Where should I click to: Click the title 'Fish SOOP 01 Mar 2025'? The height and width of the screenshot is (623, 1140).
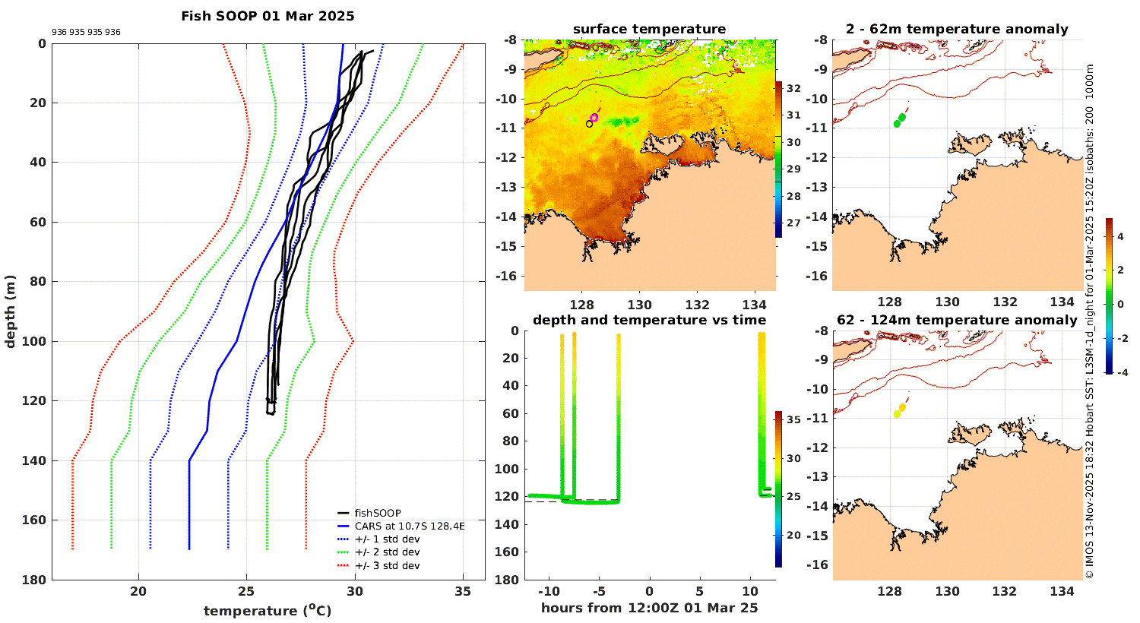click(x=268, y=16)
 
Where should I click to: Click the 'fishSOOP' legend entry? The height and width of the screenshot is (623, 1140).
click(x=377, y=513)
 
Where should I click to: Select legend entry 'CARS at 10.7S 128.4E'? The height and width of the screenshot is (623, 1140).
click(x=409, y=526)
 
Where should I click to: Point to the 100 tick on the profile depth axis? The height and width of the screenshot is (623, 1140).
click(x=36, y=342)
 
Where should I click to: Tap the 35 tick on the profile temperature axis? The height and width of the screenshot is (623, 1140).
click(x=463, y=592)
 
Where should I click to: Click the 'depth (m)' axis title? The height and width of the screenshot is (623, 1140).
click(x=11, y=311)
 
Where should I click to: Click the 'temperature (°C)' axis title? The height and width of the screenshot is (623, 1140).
click(x=268, y=611)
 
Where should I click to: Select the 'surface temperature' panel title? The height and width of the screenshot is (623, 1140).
click(x=649, y=30)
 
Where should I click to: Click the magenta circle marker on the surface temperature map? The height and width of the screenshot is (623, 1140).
click(x=594, y=118)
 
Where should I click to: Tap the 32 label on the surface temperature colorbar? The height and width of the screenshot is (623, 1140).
click(x=793, y=89)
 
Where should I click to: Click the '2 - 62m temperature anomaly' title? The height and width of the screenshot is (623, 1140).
click(x=957, y=30)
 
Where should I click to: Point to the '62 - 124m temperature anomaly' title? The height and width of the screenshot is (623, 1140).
click(x=957, y=321)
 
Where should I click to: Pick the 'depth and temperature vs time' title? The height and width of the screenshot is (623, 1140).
click(x=649, y=321)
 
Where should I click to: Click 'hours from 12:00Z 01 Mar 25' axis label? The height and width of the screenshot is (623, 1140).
click(x=649, y=608)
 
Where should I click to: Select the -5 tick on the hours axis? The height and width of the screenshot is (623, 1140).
click(x=598, y=592)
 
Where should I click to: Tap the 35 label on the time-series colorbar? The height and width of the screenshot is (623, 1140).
click(x=793, y=419)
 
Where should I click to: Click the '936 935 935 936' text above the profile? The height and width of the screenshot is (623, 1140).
click(x=86, y=33)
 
